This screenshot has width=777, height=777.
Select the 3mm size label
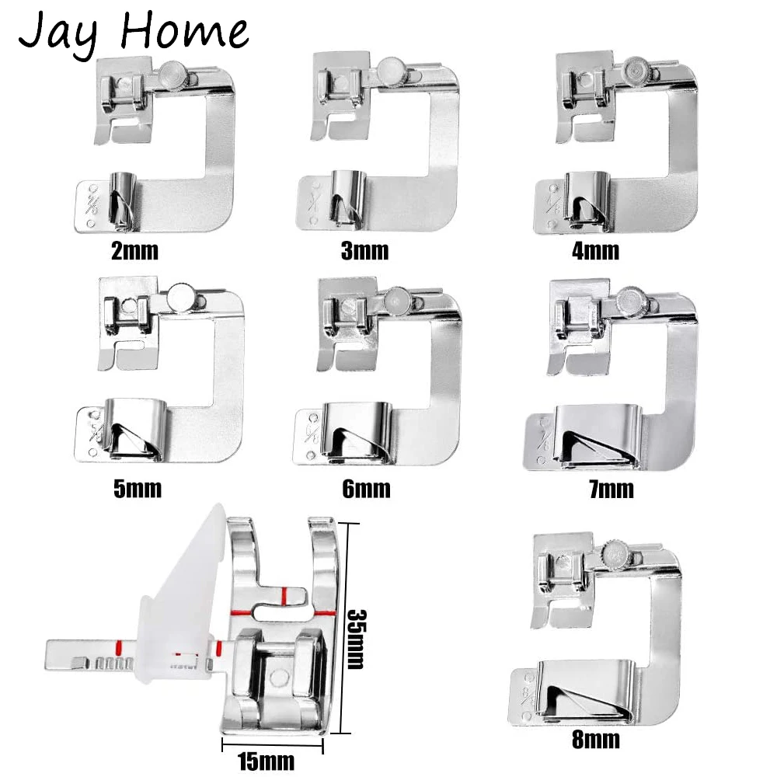tap(364, 251)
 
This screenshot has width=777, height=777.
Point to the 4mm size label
tap(594, 252)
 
